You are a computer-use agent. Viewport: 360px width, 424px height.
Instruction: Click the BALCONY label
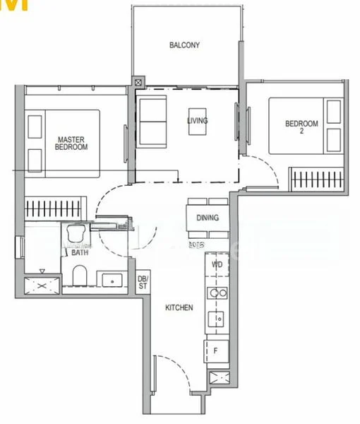184,45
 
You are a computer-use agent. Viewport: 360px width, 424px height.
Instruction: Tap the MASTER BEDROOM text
72,143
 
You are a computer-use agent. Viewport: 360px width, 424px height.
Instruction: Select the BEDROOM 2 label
301,127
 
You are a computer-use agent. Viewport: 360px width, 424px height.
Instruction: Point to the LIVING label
198,121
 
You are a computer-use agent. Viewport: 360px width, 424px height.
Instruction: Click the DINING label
208,218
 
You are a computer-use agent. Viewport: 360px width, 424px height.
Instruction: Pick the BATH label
80,252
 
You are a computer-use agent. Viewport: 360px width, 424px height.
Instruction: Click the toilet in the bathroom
79,276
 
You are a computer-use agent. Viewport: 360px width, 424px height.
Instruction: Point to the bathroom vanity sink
112,280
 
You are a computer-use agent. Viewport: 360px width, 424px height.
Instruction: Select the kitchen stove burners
217,292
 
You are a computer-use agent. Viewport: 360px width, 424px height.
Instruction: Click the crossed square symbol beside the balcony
138,83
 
